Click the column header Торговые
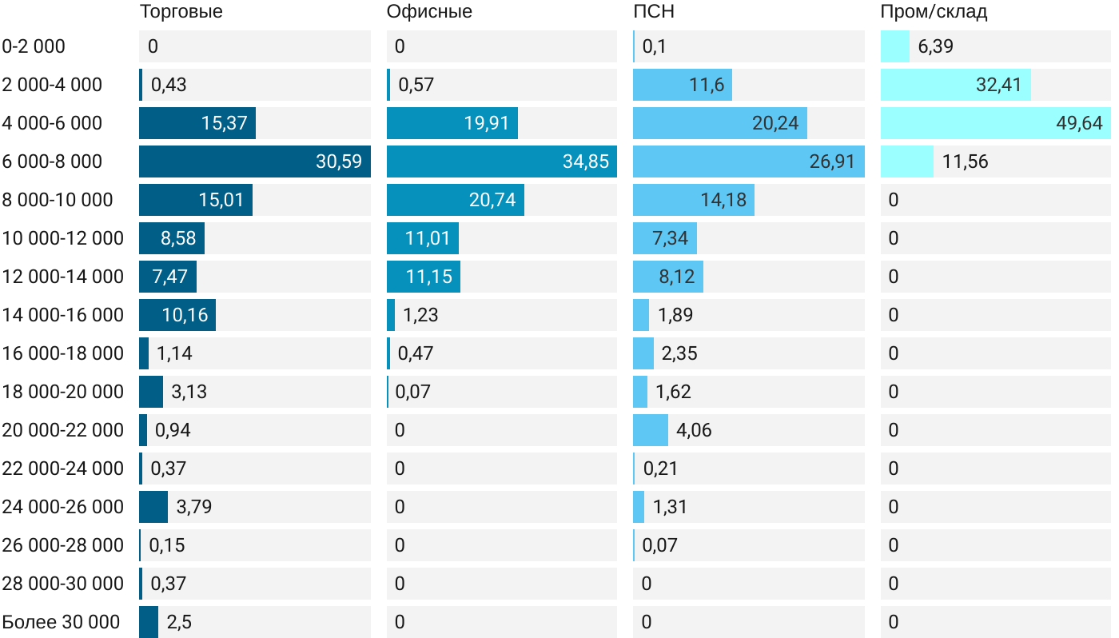point(181,11)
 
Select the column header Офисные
point(429,11)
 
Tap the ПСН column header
point(648,11)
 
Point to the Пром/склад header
point(934,11)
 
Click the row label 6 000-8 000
point(53,161)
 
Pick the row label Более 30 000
point(61,622)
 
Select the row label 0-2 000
point(34,46)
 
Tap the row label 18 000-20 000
point(63,392)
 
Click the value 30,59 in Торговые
point(338,161)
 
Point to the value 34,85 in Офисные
point(585,161)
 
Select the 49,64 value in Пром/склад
point(1078,123)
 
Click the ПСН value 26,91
point(832,161)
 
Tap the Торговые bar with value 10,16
point(177,315)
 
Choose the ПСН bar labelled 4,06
point(651,430)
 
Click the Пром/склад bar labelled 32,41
point(955,85)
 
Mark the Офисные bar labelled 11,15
point(424,277)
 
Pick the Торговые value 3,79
point(194,507)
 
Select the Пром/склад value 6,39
point(935,46)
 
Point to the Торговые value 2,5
point(179,622)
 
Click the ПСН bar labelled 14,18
point(693,200)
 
